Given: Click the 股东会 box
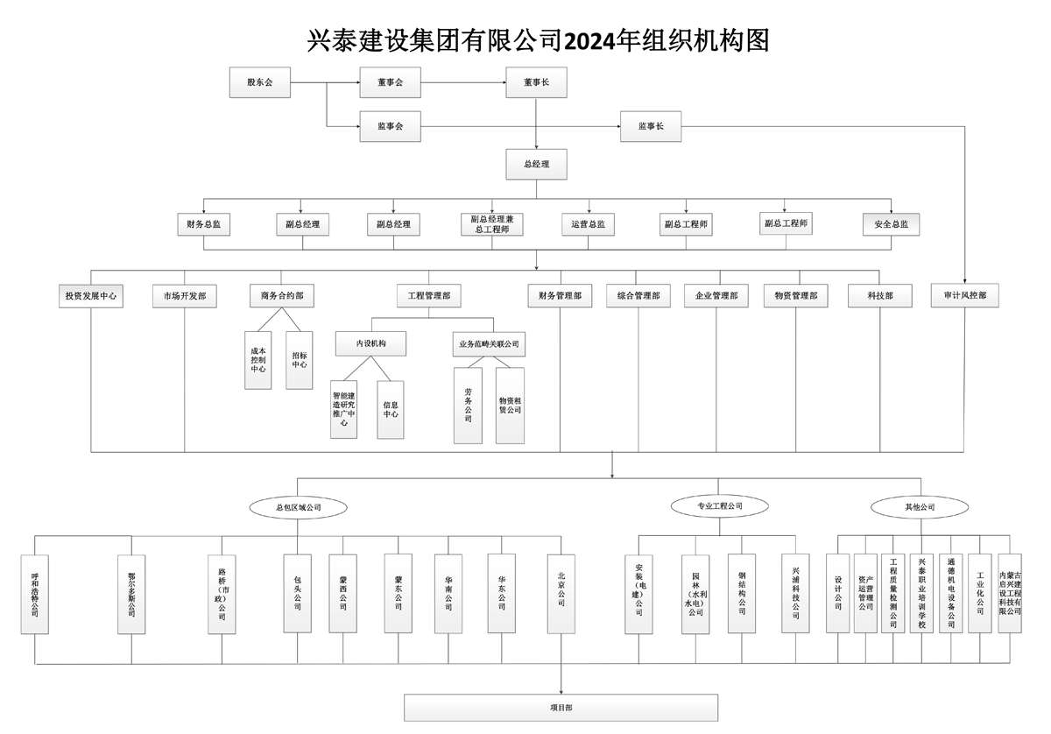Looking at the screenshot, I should (260, 82).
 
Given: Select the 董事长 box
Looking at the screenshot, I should (536, 82).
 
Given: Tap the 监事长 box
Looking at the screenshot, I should (649, 127).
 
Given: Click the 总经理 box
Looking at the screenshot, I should (536, 164).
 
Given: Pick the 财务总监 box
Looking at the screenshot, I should (203, 225).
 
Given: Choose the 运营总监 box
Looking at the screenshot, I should (588, 225).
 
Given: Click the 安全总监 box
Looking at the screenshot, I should (892, 225).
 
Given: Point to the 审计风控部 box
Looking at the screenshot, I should (964, 296).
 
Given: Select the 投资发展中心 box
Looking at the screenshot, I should (90, 296).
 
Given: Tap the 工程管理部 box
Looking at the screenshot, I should (428, 296).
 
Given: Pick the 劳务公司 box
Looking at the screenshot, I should (469, 405).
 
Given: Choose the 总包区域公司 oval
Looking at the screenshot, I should (298, 506).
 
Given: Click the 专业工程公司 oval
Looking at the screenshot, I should (719, 506).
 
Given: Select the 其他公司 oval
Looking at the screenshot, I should (920, 506).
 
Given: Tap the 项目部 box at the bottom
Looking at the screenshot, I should (561, 706).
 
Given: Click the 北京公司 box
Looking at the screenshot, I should (561, 593).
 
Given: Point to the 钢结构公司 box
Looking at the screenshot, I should (741, 593).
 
